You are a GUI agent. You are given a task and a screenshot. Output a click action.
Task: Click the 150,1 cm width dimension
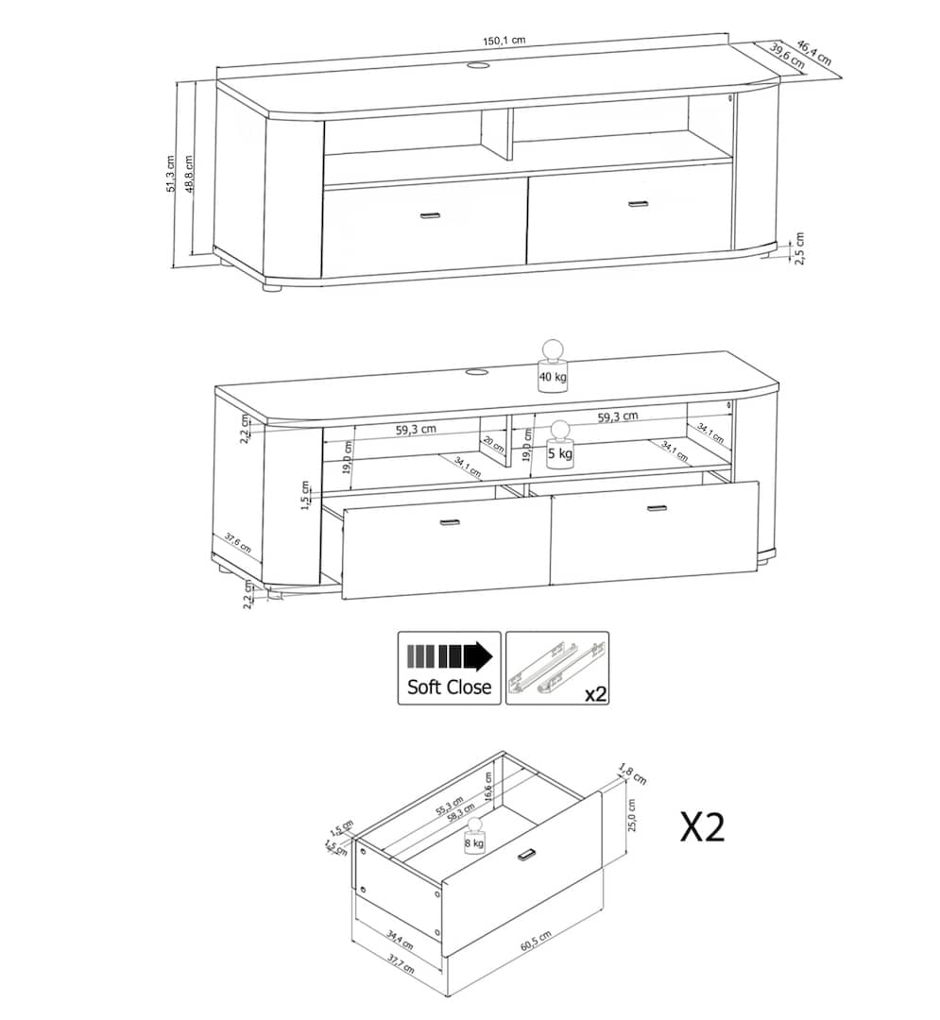(504, 41)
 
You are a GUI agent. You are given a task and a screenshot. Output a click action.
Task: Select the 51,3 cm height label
(171, 174)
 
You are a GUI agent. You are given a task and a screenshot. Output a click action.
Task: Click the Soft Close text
(449, 687)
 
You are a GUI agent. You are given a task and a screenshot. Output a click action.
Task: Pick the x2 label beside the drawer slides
(594, 694)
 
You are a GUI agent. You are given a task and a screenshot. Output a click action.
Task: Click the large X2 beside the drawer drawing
(703, 826)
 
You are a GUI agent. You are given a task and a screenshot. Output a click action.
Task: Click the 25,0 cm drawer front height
(633, 814)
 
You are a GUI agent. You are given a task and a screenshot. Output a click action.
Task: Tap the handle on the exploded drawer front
(527, 856)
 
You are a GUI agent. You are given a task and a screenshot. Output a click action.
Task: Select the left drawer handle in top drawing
(430, 215)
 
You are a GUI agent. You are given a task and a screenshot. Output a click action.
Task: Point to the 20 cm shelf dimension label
(492, 444)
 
